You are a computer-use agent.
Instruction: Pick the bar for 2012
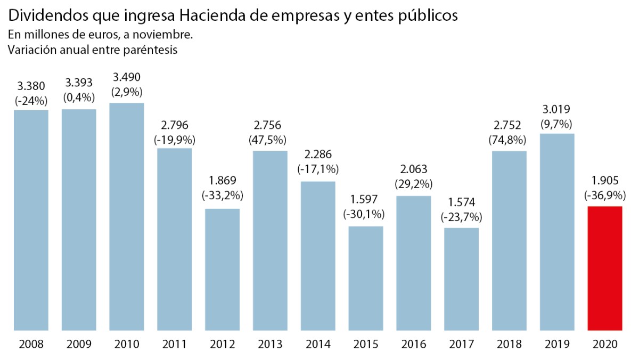coord(222,269)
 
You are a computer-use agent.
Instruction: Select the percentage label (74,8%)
coord(510,140)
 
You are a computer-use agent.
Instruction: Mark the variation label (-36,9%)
coord(605,194)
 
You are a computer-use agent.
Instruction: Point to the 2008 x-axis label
coord(31,345)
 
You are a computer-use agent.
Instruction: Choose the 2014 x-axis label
coord(318,345)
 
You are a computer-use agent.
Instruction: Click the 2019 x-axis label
coord(557,345)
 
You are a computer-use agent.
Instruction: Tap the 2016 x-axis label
coord(414,345)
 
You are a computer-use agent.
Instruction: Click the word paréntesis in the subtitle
coord(150,50)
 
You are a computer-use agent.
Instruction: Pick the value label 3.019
coord(557,110)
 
